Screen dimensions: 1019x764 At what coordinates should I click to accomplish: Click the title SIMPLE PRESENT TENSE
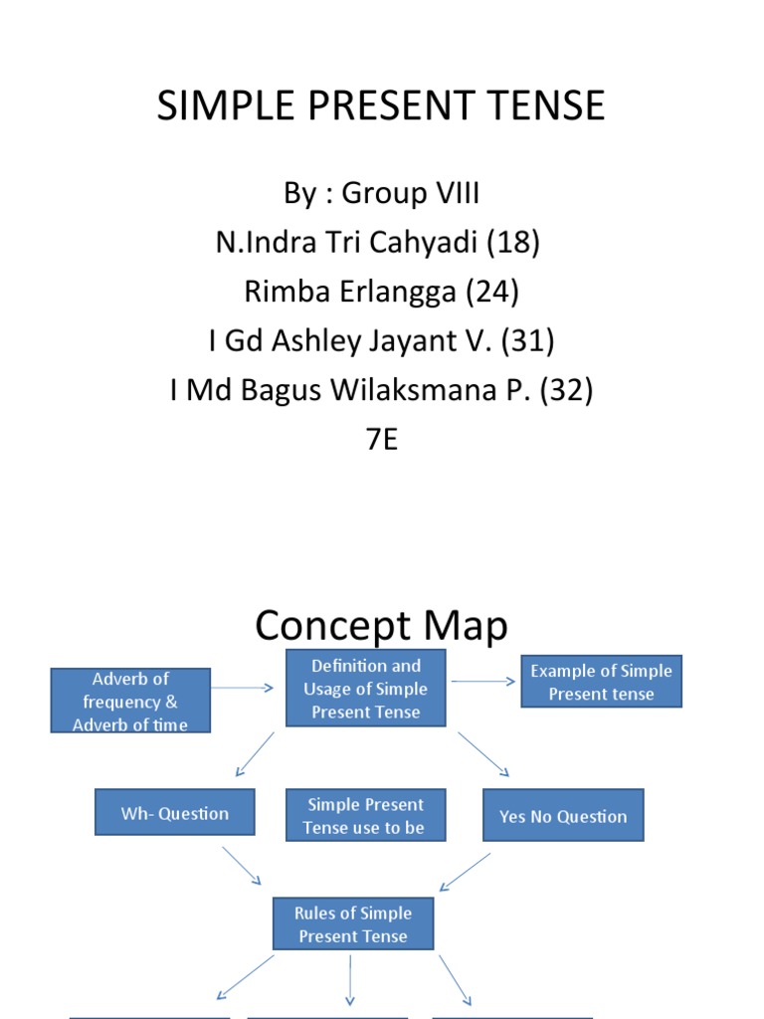(381, 105)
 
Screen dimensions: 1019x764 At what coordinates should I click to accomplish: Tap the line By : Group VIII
(381, 193)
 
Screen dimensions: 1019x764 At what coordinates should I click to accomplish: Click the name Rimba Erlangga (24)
(381, 292)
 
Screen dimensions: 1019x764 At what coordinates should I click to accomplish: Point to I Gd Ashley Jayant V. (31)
(381, 341)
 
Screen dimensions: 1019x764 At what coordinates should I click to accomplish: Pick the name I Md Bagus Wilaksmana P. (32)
(381, 390)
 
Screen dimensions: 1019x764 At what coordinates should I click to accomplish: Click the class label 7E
(381, 439)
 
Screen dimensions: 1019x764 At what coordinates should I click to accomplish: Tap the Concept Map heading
(381, 626)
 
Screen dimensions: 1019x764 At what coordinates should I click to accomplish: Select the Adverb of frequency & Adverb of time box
(131, 701)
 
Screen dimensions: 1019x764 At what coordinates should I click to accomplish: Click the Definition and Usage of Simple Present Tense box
(365, 689)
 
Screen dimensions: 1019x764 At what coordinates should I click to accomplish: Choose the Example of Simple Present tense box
(601, 683)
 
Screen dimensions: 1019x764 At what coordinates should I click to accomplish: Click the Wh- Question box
(175, 813)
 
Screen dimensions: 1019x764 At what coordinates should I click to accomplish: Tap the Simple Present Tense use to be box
(364, 816)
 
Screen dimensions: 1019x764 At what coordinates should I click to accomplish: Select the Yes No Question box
(563, 816)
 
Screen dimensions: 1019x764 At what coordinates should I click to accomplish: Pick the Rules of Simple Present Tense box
(353, 924)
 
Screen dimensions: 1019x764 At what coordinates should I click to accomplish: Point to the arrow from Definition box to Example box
(483, 683)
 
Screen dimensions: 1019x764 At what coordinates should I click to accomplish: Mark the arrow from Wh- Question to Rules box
(242, 865)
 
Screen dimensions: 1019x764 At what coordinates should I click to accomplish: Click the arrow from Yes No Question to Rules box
(465, 872)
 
